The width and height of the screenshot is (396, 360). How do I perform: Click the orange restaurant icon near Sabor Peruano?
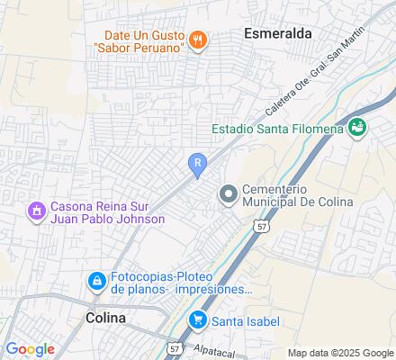(x=200, y=39)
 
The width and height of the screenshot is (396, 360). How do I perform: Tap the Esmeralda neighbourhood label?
(x=278, y=33)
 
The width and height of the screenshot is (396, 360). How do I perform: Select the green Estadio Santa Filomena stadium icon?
(x=357, y=128)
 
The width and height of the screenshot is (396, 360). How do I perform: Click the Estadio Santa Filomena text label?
(x=278, y=129)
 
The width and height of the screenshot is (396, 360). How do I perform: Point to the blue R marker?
(x=197, y=162)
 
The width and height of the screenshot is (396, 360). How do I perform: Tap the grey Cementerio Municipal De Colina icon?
(x=228, y=193)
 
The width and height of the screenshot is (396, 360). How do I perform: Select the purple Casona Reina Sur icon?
(x=37, y=211)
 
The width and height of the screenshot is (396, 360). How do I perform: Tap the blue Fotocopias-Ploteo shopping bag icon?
(x=95, y=282)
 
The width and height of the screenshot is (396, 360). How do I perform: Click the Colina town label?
(x=106, y=318)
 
